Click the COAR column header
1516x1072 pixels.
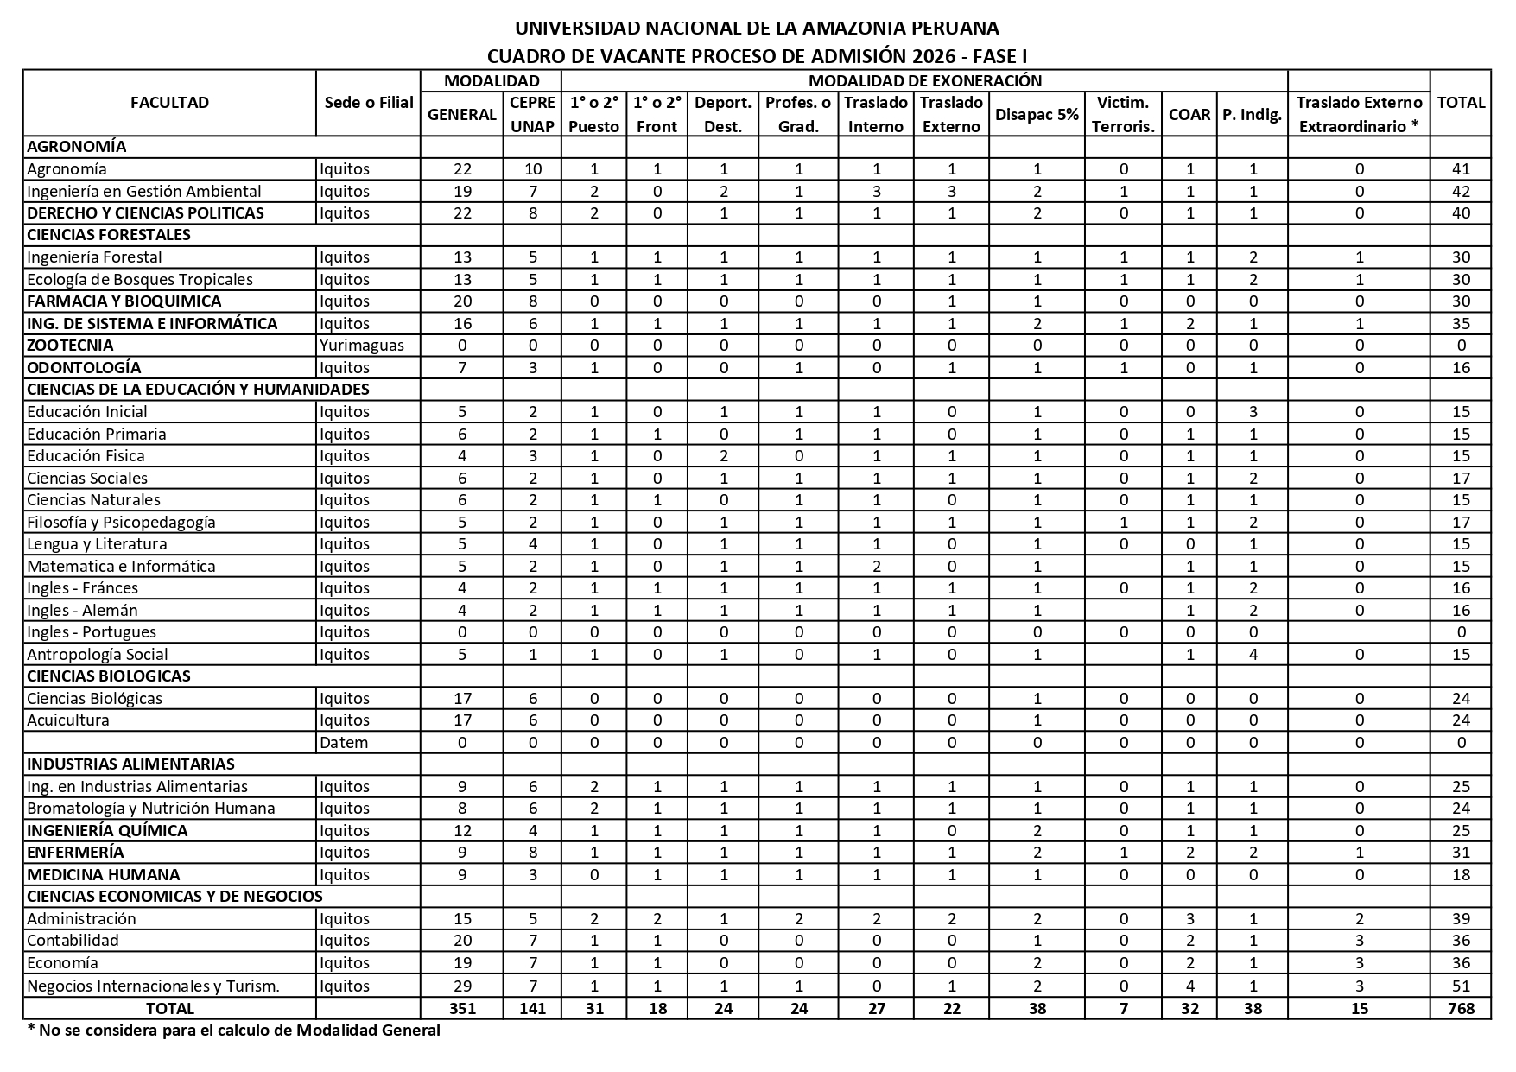(x=1189, y=114)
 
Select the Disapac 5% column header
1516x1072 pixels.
(x=1037, y=114)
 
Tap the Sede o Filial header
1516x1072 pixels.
(x=369, y=103)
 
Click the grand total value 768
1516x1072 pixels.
(x=1461, y=1008)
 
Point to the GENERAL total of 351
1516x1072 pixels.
(x=462, y=1008)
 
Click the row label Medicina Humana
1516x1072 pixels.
(x=104, y=874)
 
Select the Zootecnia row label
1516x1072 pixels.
(x=70, y=345)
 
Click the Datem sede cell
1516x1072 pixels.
(x=344, y=742)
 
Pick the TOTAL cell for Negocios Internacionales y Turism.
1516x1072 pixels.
(x=1461, y=986)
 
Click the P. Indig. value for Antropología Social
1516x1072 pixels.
(x=1253, y=654)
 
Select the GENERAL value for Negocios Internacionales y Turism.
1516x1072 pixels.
(x=462, y=986)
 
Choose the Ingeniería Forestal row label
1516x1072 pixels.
(x=94, y=257)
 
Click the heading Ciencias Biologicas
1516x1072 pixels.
(x=109, y=676)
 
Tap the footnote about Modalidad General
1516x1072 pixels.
(x=233, y=1030)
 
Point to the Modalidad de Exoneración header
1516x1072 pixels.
(x=924, y=80)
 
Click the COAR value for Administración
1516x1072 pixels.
(x=1189, y=918)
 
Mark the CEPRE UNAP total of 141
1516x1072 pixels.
(x=532, y=1008)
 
